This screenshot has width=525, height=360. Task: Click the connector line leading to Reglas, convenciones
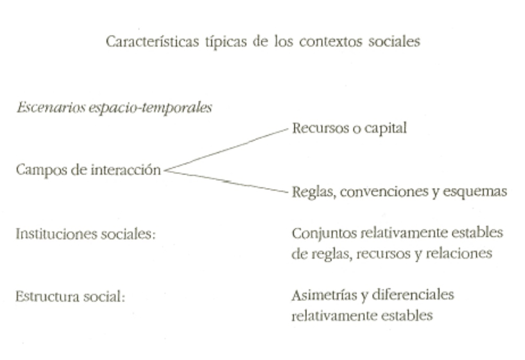[x=230, y=181]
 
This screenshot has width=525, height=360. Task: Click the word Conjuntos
[x=322, y=232]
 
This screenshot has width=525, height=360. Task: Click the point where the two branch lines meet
[x=165, y=170]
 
